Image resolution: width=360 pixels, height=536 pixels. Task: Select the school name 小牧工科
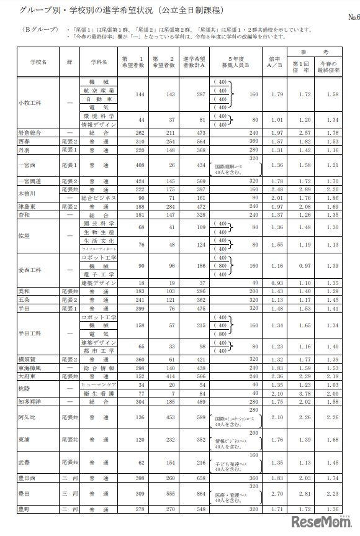30,103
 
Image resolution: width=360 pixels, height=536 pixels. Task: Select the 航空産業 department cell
99,91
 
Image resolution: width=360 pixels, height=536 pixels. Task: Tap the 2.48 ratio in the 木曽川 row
279,189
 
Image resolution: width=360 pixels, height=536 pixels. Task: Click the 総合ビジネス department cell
99,198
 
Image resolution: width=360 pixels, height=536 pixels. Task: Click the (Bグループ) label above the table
36,29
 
